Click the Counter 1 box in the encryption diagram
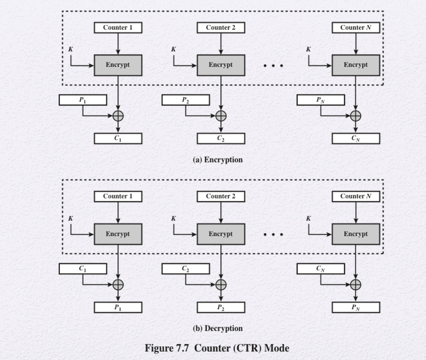coord(118,28)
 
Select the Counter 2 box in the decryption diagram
coord(220,196)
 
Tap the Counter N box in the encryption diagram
coord(356,28)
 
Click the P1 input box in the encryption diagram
coord(83,100)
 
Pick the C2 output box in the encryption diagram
coord(220,139)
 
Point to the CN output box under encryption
coord(356,139)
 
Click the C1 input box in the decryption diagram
coord(83,269)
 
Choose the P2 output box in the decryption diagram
coord(220,308)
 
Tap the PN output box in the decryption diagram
coord(356,308)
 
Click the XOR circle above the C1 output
coord(118,116)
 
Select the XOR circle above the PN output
coord(356,285)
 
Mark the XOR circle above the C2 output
coord(221,116)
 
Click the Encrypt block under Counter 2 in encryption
coord(220,65)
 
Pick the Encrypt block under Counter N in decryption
coord(356,234)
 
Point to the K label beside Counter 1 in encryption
coord(71,49)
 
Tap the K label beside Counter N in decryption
coord(308,218)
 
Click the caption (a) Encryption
coord(218,160)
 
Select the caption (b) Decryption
coord(218,328)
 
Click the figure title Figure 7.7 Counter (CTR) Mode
coord(217,348)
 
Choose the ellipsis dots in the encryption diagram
coord(273,65)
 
